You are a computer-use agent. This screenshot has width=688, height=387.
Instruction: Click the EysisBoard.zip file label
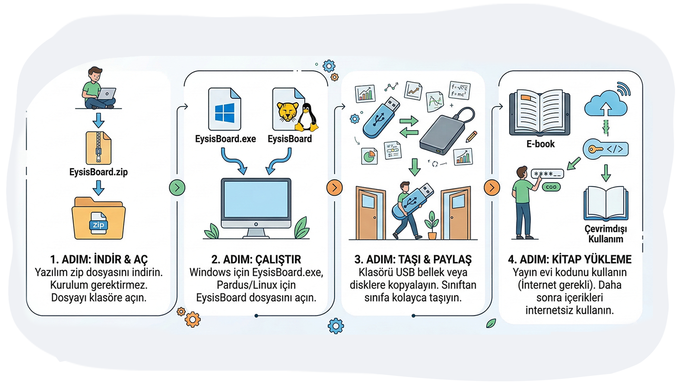pyautogui.click(x=99, y=172)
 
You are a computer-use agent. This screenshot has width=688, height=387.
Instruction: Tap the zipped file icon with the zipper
pyautogui.click(x=99, y=148)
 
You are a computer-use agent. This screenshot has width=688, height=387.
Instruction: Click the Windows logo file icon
pyautogui.click(x=225, y=110)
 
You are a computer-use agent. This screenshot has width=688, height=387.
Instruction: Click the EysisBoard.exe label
pyautogui.click(x=225, y=139)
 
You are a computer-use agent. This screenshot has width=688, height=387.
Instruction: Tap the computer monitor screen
pyautogui.click(x=256, y=199)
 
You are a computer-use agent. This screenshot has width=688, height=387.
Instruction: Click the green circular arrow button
pyautogui.click(x=177, y=187)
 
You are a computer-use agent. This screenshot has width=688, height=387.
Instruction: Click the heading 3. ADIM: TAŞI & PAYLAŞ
pyautogui.click(x=413, y=259)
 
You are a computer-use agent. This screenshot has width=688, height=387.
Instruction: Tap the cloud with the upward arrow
pyautogui.click(x=606, y=104)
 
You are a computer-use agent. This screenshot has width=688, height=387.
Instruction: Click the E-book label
pyautogui.click(x=540, y=144)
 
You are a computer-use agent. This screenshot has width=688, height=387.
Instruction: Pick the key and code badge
pyautogui.click(x=606, y=149)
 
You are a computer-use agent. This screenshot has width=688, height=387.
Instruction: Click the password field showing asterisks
pyautogui.click(x=547, y=174)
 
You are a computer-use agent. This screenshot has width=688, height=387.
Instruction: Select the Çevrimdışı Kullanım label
pyautogui.click(x=606, y=234)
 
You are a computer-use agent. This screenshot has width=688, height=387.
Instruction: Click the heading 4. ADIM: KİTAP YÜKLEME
pyautogui.click(x=570, y=259)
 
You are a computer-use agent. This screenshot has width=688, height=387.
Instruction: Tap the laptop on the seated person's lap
pyautogui.click(x=107, y=94)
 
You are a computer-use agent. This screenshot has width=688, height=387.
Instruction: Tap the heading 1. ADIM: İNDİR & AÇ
pyautogui.click(x=99, y=259)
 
